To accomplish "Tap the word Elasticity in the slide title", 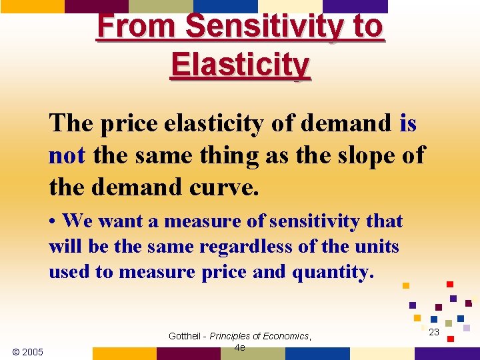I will click(x=240, y=65).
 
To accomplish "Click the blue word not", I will click(x=67, y=155).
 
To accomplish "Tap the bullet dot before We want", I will click(x=53, y=221).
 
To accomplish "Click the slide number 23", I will click(x=434, y=331).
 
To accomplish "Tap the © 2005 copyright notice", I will click(x=27, y=351).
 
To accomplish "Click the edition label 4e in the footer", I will click(x=240, y=347).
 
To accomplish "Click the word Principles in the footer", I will click(x=231, y=336).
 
